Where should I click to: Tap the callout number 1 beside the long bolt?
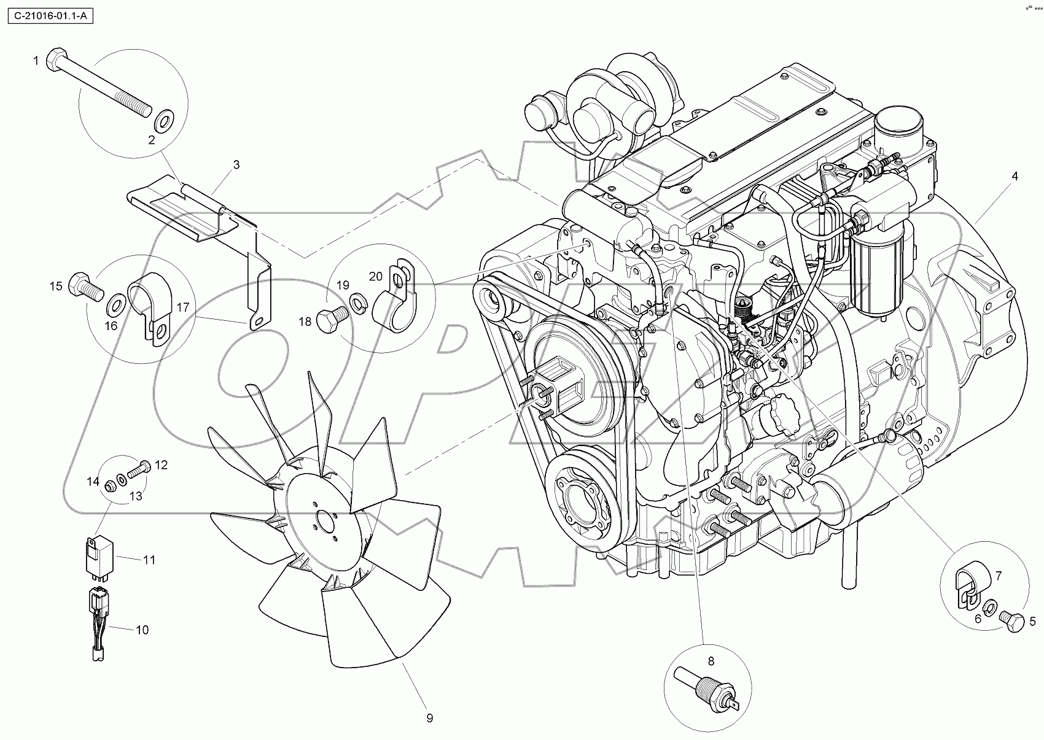point(36,60)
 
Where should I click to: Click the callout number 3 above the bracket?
point(236,164)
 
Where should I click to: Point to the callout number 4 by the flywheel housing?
point(1015,176)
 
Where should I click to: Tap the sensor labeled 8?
point(707,688)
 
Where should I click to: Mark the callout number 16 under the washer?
point(111,325)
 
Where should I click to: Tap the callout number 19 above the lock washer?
point(343,285)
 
